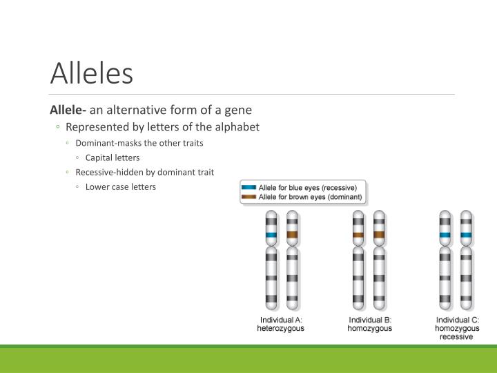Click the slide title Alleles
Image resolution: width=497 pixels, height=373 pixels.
[92, 73]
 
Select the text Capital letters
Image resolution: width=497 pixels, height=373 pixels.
[113, 157]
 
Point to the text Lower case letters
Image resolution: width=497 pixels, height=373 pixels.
[121, 186]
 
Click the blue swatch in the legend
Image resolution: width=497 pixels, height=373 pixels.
[248, 187]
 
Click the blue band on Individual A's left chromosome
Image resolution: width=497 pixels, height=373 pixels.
[271, 235]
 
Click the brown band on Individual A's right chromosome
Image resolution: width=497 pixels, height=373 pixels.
[292, 235]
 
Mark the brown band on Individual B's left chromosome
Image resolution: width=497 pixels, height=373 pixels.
[358, 235]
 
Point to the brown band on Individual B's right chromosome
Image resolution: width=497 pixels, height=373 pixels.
[378, 235]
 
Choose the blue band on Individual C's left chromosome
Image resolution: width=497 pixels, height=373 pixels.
[445, 235]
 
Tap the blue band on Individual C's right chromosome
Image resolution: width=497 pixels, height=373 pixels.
[466, 235]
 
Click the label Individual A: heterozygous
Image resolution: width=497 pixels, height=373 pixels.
[281, 324]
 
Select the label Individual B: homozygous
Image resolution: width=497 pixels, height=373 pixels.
[369, 324]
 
